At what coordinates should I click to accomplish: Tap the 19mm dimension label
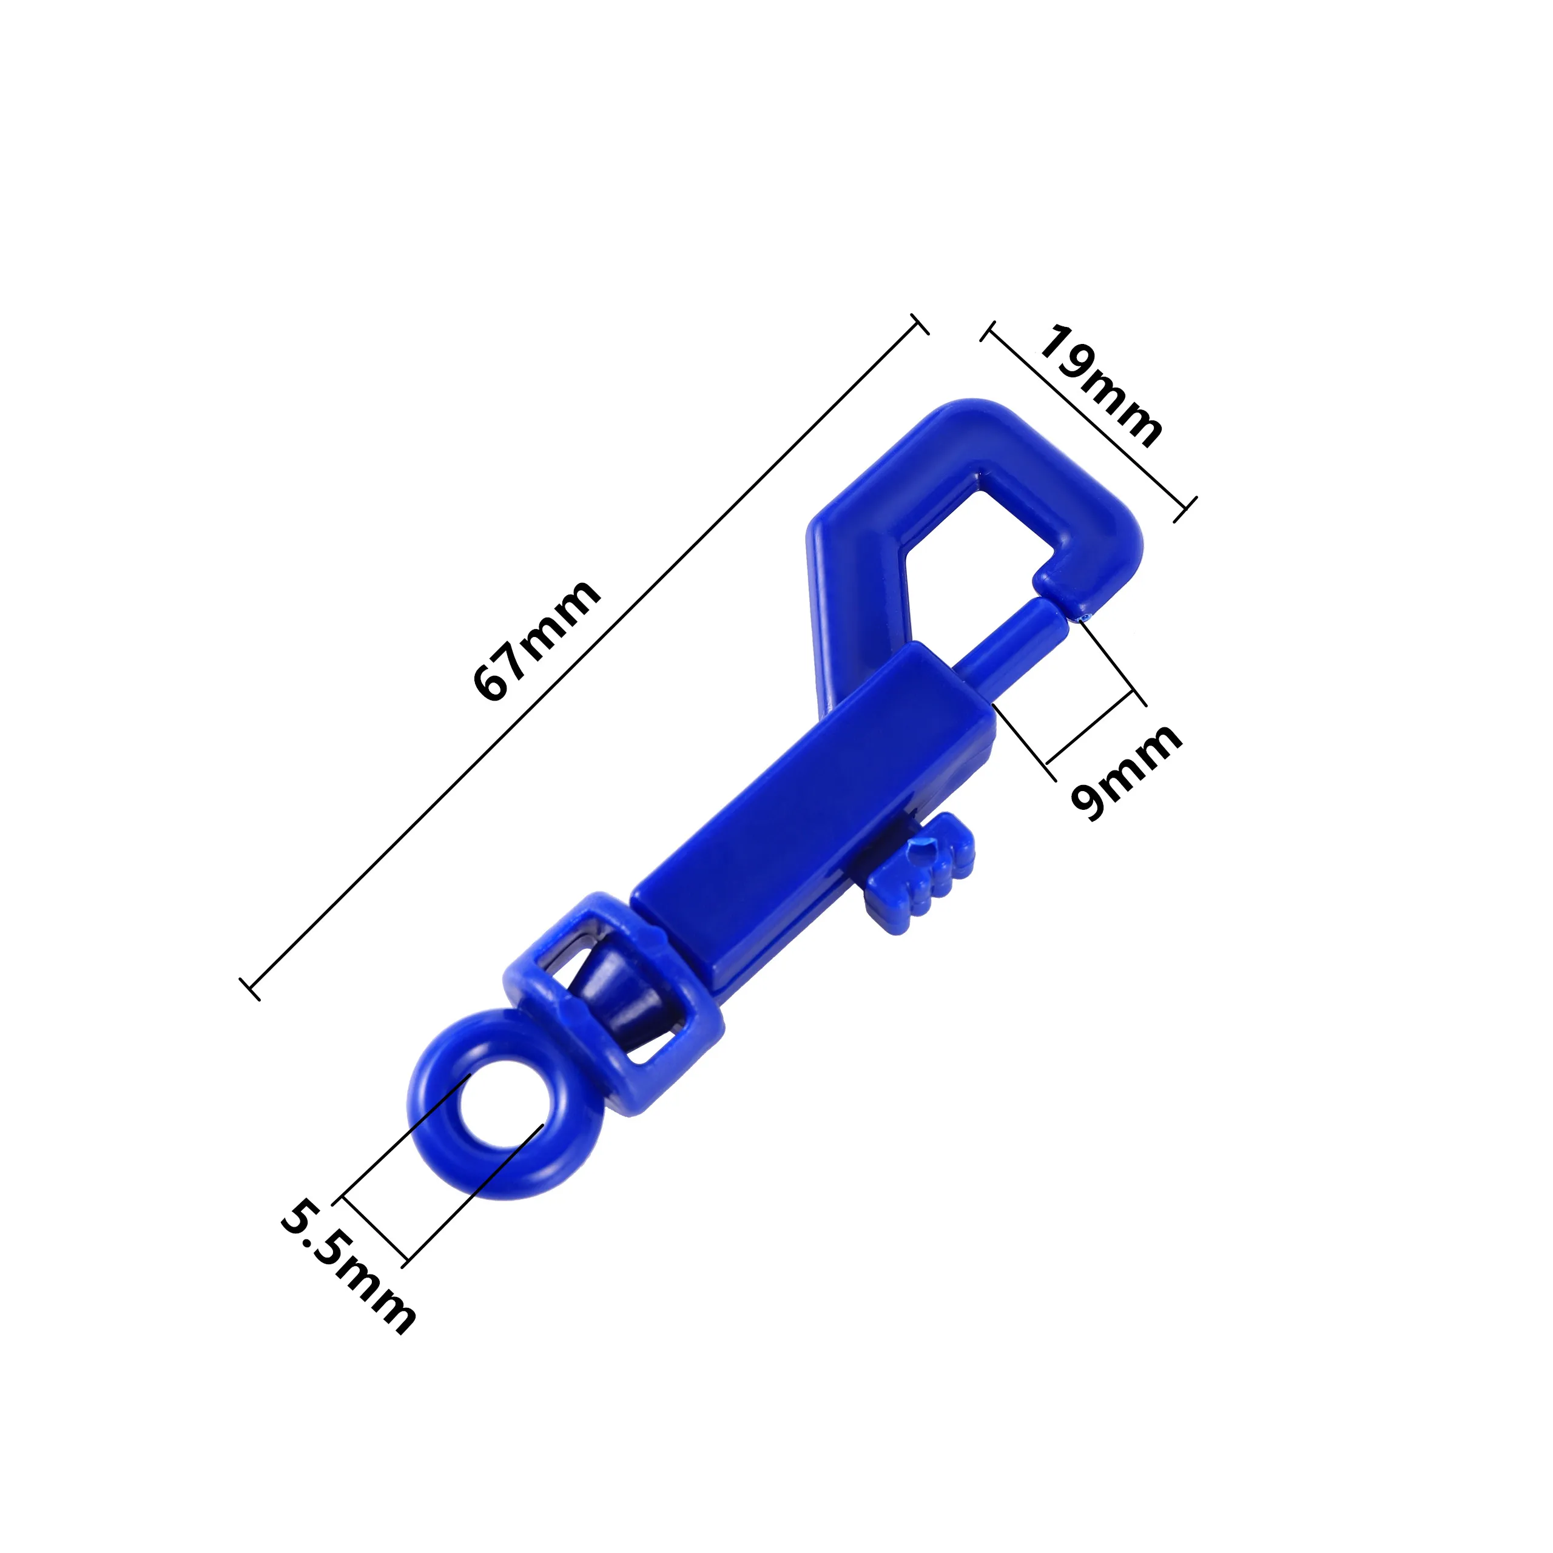click(x=1101, y=386)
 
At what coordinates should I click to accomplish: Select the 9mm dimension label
click(x=1126, y=772)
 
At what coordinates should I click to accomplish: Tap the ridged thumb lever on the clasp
click(x=921, y=872)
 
